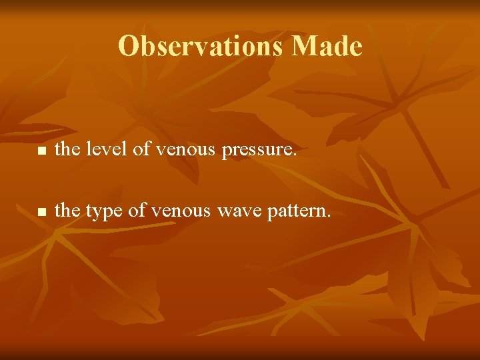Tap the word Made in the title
coord(327,46)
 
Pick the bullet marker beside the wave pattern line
coord(41,212)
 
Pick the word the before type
coord(67,211)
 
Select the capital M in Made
coord(303,46)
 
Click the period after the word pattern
coord(328,217)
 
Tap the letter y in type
coord(99,213)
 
